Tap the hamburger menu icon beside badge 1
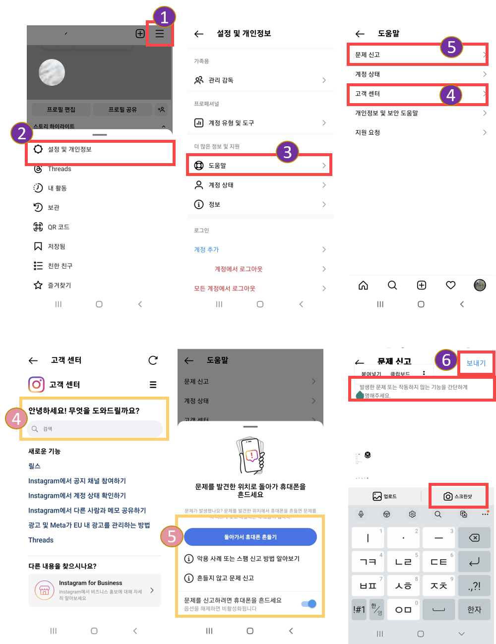[160, 34]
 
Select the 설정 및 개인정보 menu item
[69, 149]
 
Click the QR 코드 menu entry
[58, 227]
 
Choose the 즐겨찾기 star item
[59, 285]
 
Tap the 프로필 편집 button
[61, 109]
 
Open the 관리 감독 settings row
[221, 80]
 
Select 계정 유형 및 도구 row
[231, 123]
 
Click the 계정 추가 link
[206, 249]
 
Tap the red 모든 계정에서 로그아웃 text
[225, 288]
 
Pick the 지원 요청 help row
[368, 132]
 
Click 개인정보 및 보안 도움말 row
[386, 113]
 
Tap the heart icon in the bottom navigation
[450, 285]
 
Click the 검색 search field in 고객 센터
[94, 429]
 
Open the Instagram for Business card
[95, 590]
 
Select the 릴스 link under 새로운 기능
[34, 466]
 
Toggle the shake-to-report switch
[309, 603]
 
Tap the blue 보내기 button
[476, 363]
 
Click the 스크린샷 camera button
[458, 496]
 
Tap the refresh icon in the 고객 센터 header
[153, 360]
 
